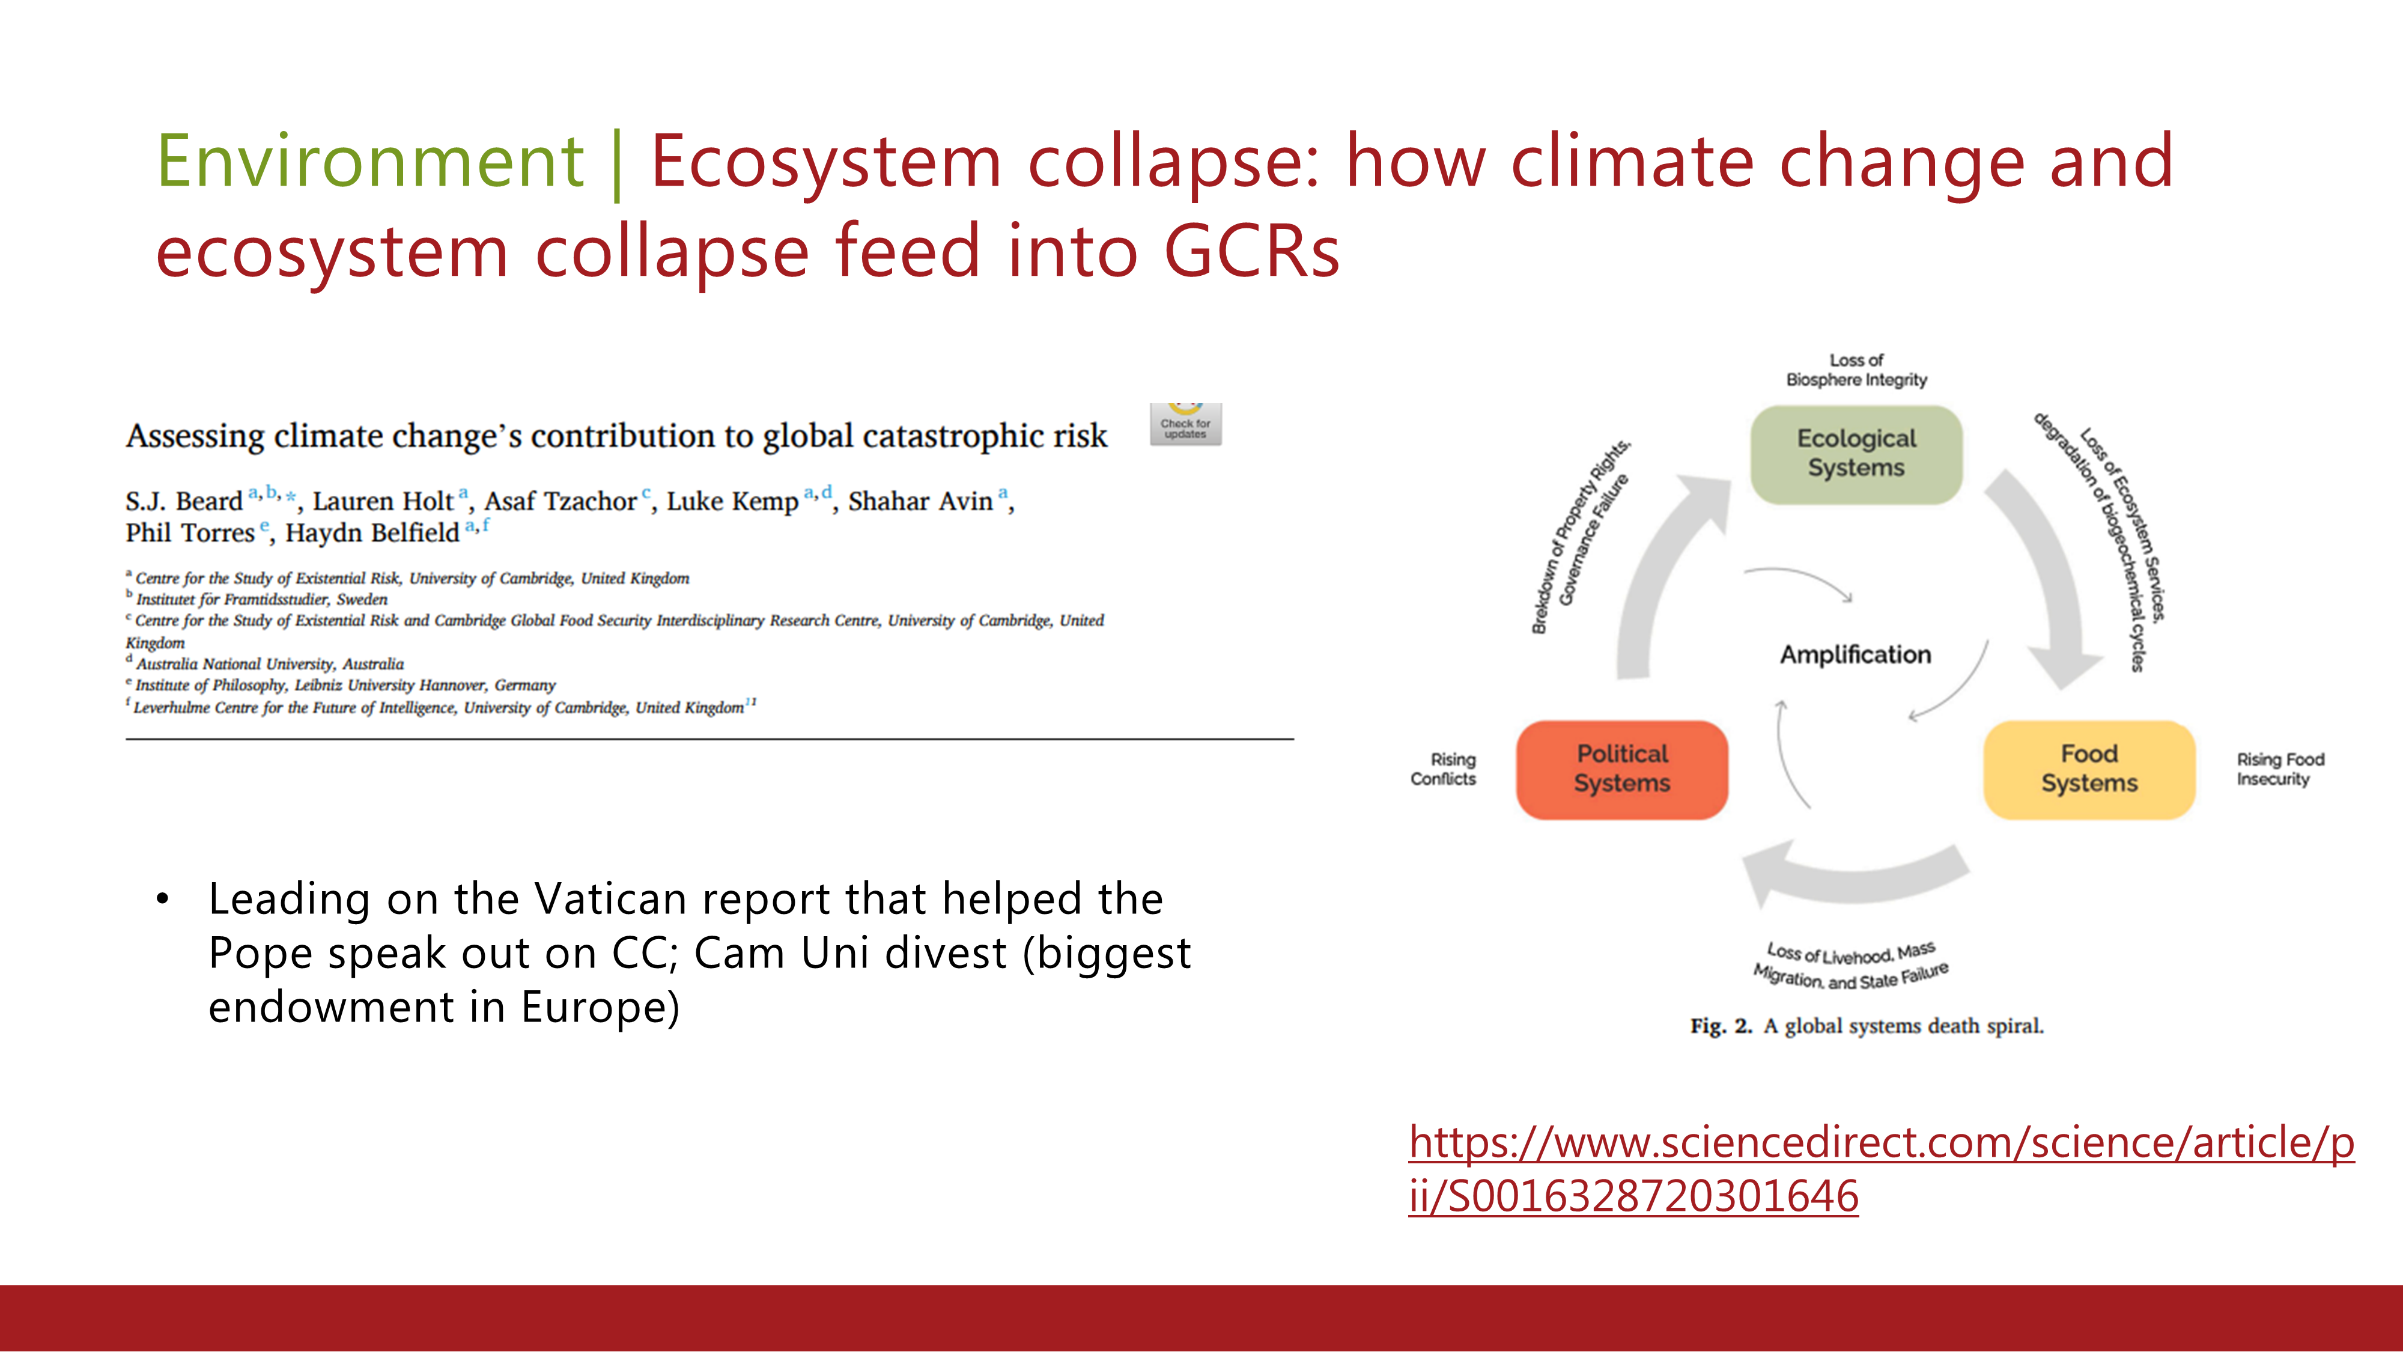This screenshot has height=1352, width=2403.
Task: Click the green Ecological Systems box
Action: [1856, 454]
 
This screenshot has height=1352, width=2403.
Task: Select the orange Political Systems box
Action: [1622, 770]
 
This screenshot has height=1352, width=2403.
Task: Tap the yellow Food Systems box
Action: [2089, 770]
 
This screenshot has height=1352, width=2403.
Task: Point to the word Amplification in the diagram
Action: [1856, 655]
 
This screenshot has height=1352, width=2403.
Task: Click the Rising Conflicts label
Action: [1444, 770]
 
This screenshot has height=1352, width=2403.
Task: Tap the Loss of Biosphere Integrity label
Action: [1856, 370]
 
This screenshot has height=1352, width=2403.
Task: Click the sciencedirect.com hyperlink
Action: [1882, 1169]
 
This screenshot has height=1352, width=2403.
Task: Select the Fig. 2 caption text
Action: [1867, 1026]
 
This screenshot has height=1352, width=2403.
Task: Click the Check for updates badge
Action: [1186, 425]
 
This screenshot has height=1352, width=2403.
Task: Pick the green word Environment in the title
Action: [370, 162]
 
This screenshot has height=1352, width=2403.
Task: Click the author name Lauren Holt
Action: [383, 501]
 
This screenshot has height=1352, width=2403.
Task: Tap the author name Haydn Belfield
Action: [372, 533]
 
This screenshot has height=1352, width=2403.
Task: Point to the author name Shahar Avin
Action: [921, 501]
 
